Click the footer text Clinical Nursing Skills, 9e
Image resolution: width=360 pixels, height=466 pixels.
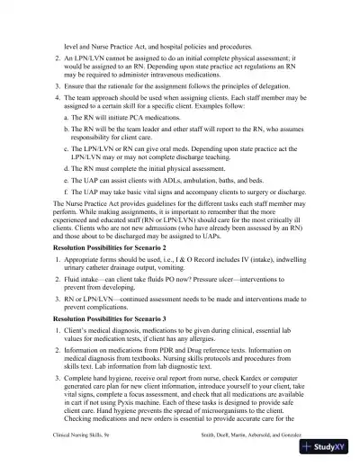tap(83, 434)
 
